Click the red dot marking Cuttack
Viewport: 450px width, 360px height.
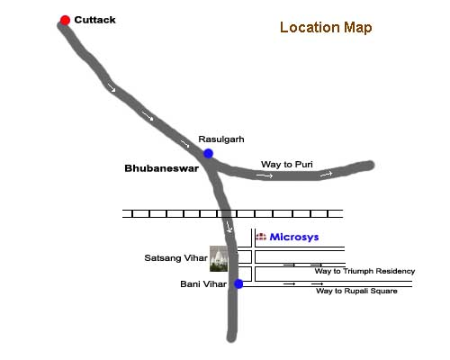65,20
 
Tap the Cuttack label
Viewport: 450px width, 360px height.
94,20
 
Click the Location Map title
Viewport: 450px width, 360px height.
326,28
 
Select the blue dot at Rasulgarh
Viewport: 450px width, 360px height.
208,154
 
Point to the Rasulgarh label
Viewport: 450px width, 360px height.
221,139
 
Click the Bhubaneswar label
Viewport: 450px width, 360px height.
161,168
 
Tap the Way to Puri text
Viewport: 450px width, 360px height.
287,165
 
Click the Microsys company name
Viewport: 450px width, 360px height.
294,237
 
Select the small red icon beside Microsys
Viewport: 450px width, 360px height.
261,237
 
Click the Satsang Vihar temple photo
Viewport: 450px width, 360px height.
219,258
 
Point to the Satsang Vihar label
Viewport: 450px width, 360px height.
175,258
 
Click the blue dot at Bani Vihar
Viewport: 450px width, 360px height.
238,283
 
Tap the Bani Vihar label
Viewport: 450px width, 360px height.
203,284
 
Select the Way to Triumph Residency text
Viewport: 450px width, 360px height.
364,271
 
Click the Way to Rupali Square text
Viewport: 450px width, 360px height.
356,291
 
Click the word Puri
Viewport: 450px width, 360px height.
304,165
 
